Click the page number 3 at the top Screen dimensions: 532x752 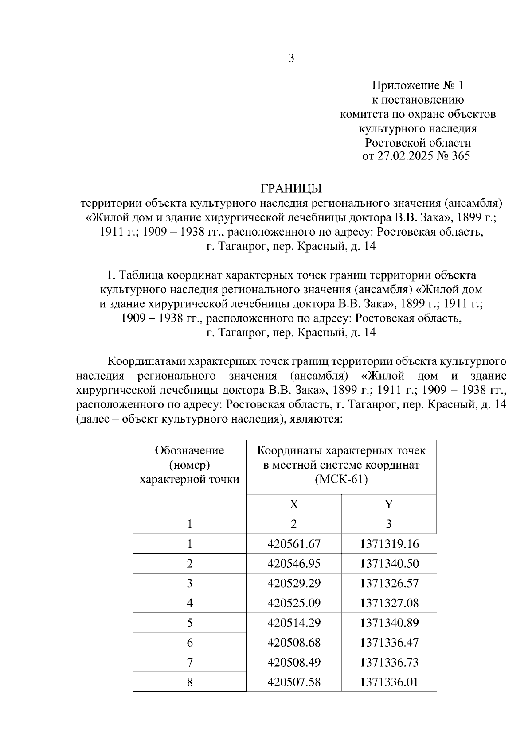(291, 58)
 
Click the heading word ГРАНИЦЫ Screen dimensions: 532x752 (291, 189)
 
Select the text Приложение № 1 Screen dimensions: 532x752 (417, 85)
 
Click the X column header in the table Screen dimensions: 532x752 (293, 504)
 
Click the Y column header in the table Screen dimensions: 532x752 (389, 504)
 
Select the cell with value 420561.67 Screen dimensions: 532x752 (293, 544)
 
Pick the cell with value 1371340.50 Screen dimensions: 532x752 (389, 564)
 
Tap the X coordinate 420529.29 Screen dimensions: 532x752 (293, 583)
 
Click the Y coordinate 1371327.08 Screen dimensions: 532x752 (389, 603)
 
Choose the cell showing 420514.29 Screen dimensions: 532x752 (293, 623)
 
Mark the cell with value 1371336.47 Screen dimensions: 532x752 (389, 643)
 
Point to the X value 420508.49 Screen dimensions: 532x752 (293, 663)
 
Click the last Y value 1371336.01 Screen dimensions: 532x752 (389, 682)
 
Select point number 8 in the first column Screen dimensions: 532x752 (190, 682)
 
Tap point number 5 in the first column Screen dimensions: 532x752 (190, 623)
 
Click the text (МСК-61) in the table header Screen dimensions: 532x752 (341, 480)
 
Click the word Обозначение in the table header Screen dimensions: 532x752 (189, 450)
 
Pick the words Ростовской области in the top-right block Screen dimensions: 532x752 (417, 143)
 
